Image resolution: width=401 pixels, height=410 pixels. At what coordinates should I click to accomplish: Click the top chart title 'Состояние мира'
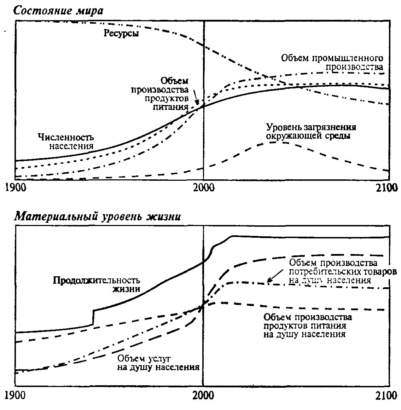coord(58,11)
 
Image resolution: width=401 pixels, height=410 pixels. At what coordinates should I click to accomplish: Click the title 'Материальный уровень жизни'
coord(97,216)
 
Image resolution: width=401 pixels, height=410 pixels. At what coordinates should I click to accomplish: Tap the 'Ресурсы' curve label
coord(121,34)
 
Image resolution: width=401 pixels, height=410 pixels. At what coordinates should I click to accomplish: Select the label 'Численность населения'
coord(66,141)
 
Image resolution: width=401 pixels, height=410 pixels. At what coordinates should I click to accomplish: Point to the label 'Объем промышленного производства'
coord(332,62)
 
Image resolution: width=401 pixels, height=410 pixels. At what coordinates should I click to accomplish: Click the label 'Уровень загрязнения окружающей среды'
coord(311,131)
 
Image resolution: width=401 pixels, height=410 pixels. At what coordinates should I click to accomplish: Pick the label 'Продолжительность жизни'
coord(96,284)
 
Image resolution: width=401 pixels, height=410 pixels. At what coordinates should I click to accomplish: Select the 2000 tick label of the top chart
coord(203,187)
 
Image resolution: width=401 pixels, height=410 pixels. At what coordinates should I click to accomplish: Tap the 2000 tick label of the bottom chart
coord(203,395)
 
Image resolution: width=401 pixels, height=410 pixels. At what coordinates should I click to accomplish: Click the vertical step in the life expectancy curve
coord(93,317)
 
